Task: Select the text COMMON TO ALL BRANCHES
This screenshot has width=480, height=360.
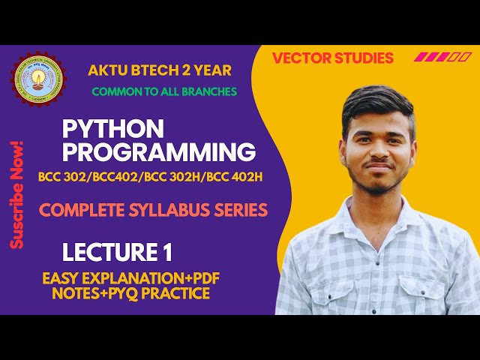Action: (x=164, y=91)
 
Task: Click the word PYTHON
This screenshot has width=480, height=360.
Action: (x=112, y=128)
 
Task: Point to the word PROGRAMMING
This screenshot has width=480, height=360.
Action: (x=158, y=152)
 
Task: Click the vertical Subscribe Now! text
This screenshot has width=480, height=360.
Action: (x=18, y=194)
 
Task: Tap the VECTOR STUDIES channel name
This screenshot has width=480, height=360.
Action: (x=332, y=58)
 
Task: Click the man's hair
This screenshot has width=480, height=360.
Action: (x=378, y=101)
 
